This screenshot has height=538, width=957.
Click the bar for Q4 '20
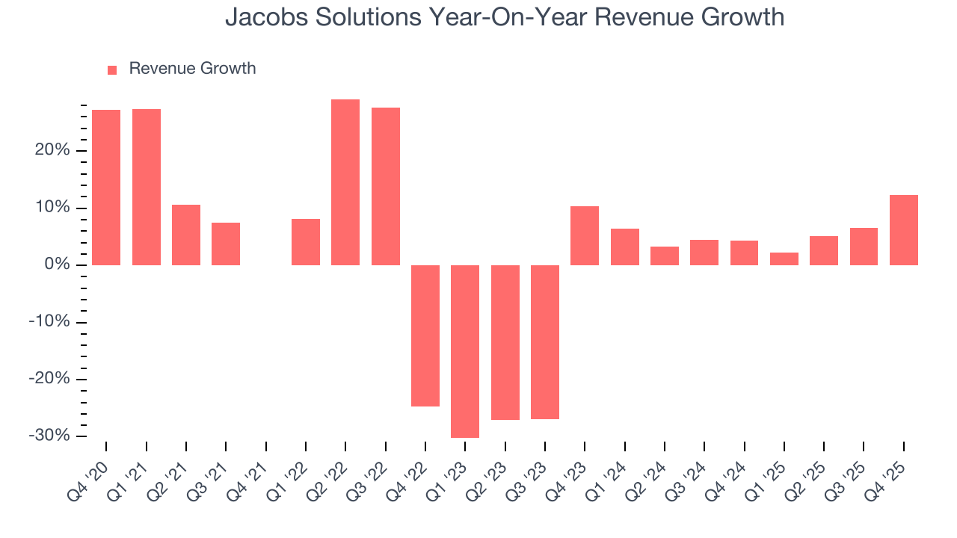[x=106, y=188]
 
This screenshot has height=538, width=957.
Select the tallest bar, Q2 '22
[x=345, y=182]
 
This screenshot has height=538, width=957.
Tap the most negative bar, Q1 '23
[x=465, y=351]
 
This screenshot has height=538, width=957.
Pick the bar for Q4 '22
[x=425, y=336]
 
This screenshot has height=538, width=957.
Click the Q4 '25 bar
[x=904, y=230]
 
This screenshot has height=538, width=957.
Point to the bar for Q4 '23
[x=585, y=235]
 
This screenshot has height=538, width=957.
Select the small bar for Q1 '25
[x=784, y=259]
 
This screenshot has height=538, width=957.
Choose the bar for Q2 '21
[x=186, y=235]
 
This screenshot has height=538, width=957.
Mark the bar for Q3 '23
[x=545, y=342]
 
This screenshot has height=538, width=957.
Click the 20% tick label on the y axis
[x=52, y=151]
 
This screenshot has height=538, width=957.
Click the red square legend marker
[x=112, y=70]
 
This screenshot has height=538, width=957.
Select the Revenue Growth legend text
[x=192, y=69]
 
